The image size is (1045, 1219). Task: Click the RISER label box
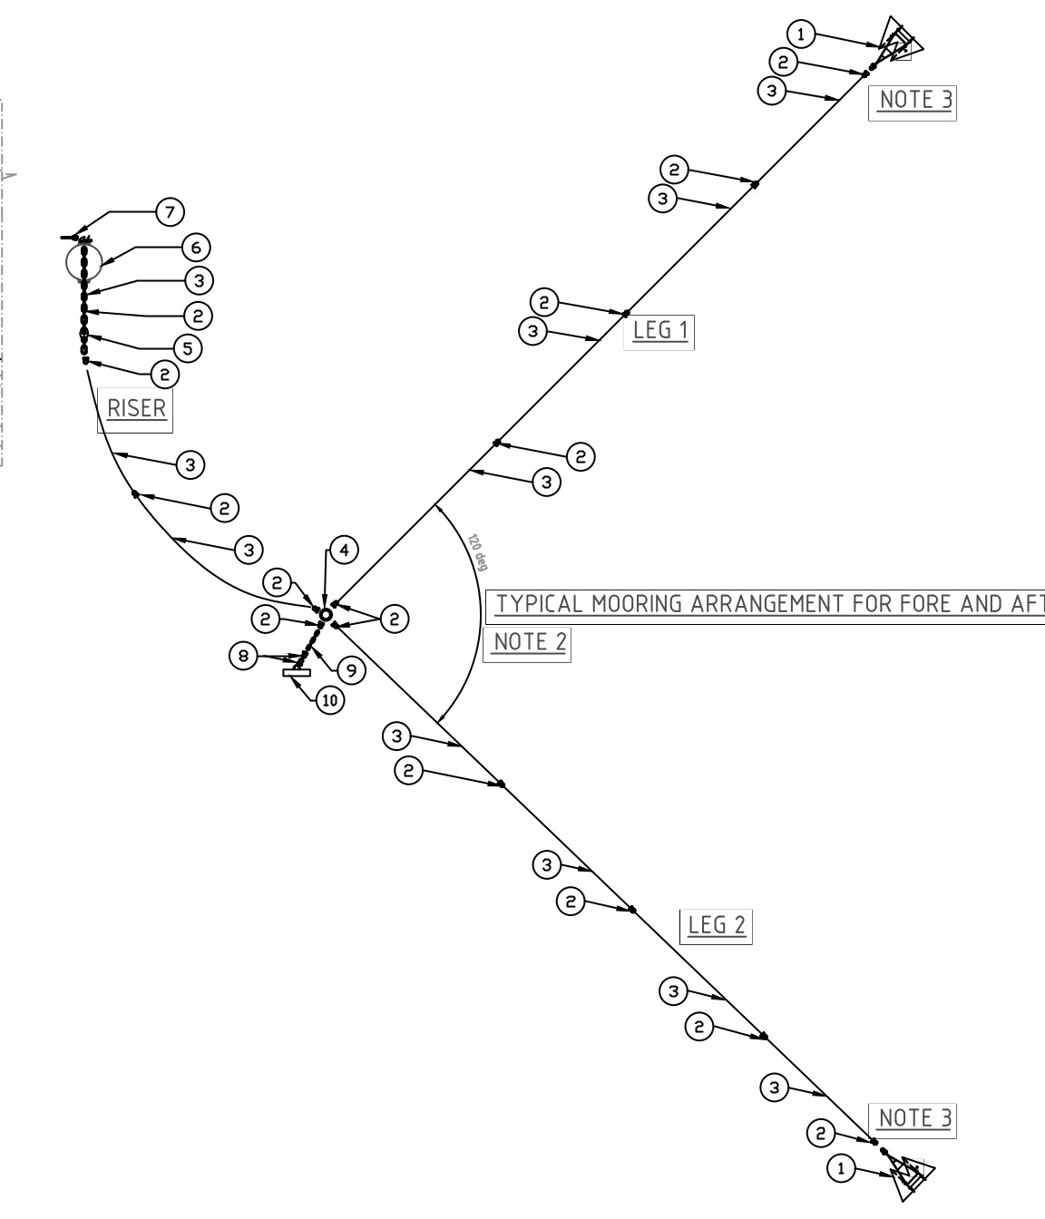136,409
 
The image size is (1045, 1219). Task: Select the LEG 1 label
659,330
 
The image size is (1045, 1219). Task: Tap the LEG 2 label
716,925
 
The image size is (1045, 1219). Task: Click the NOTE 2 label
529,642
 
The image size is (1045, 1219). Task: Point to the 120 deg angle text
478,552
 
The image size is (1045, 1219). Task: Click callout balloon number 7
169,212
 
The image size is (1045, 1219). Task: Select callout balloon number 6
195,247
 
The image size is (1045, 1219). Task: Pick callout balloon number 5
187,348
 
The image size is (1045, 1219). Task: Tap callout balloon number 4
344,550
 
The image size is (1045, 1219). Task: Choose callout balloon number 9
350,670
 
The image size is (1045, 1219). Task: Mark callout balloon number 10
330,700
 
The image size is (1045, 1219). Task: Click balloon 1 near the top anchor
801,35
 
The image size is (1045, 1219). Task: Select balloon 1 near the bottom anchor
841,1169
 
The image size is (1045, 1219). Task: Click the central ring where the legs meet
326,615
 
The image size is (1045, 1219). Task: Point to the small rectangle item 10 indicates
297,673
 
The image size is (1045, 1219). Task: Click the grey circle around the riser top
84,262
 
